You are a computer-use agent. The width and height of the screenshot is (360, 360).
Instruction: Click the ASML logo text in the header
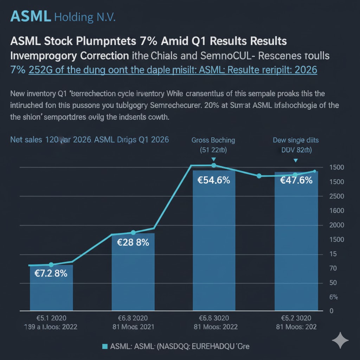31,16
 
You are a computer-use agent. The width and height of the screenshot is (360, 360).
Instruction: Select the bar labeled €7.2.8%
51,288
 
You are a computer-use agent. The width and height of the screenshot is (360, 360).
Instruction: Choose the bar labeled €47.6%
296,243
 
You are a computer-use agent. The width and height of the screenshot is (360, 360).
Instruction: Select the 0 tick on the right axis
331,311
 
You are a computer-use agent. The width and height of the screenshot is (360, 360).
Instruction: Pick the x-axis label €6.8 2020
133,318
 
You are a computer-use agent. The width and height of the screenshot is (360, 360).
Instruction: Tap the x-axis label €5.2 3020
296,318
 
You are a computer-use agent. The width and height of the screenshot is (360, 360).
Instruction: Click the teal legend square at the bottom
104,347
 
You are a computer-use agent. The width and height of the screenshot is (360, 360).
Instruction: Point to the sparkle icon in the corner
340,340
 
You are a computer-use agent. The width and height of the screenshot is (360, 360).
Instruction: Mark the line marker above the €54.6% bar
213,165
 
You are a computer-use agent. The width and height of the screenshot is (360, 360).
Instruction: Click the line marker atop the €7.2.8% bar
51,264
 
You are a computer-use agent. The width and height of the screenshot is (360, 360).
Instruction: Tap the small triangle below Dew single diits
296,160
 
